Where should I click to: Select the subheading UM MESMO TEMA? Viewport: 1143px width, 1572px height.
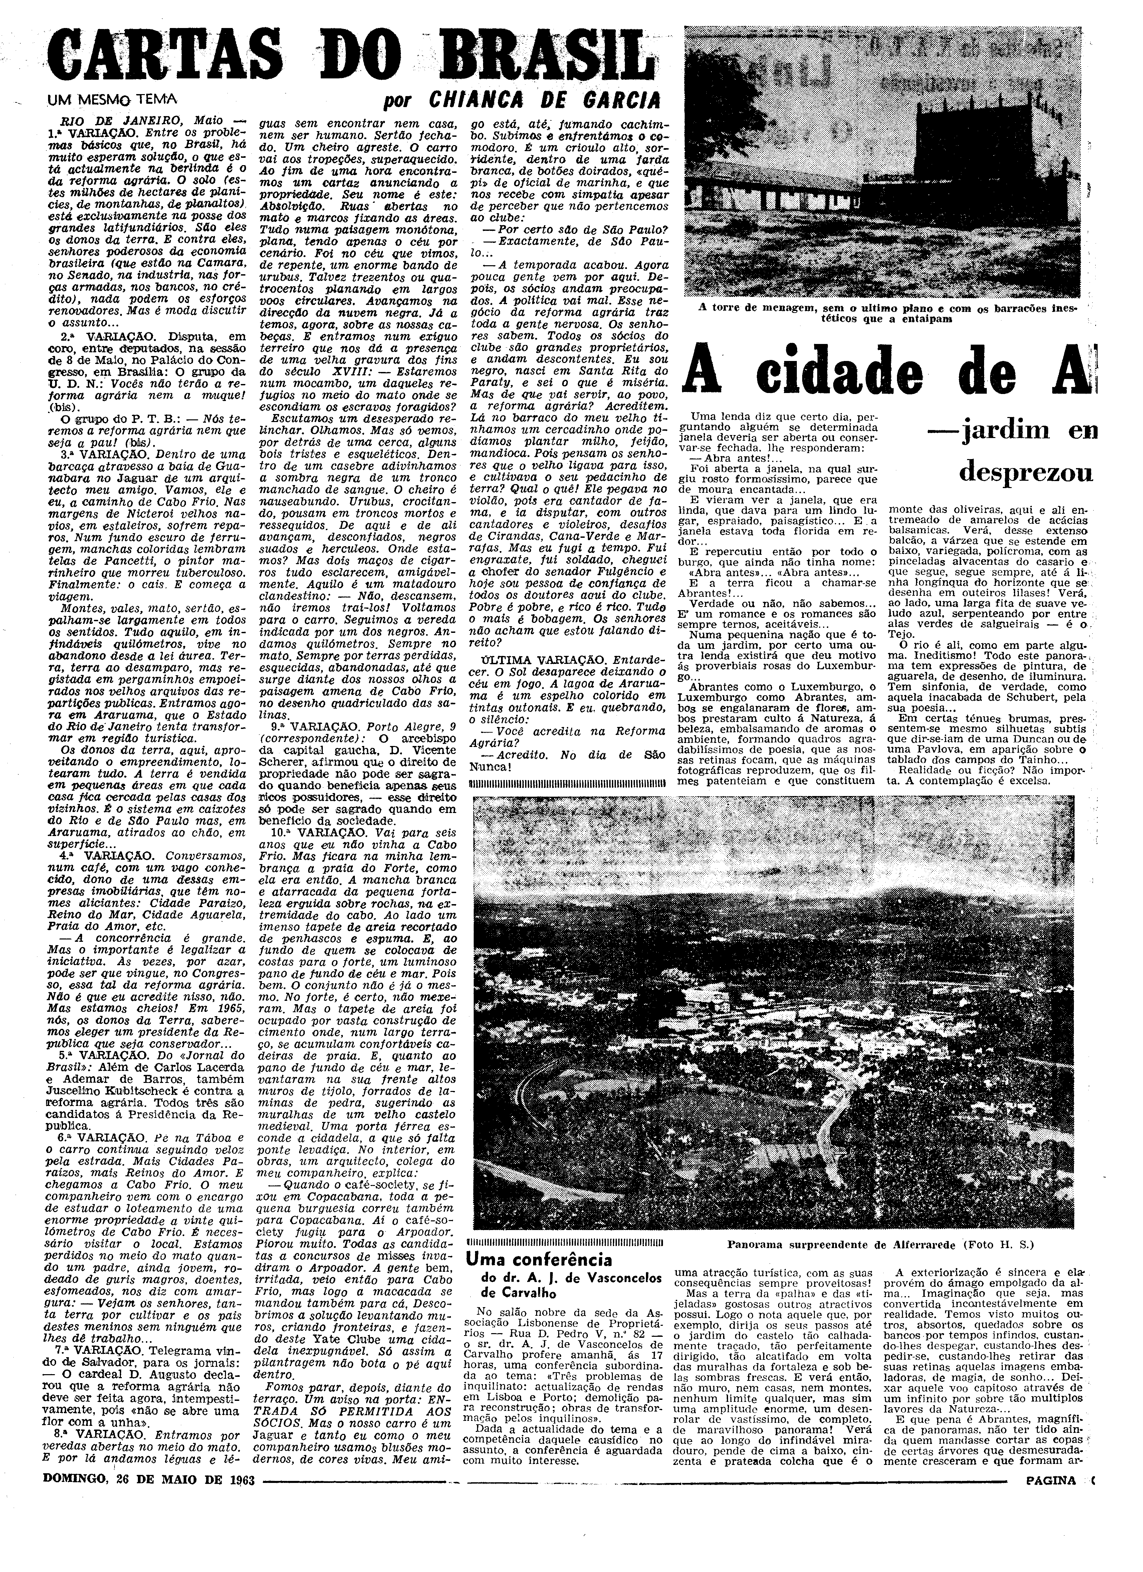click(x=109, y=99)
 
